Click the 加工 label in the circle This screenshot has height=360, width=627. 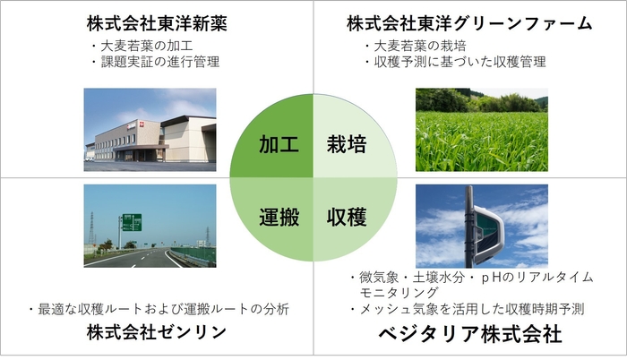[278, 143]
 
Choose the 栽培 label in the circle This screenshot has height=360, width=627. [346, 143]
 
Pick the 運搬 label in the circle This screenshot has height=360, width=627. [278, 217]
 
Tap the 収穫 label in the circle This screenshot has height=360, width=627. [346, 217]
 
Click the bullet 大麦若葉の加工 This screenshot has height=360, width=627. [149, 45]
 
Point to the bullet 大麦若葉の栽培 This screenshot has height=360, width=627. [422, 45]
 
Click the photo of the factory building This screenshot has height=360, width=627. [150, 129]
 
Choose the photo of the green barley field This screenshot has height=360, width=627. [481, 129]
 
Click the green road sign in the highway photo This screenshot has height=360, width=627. [131, 222]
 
